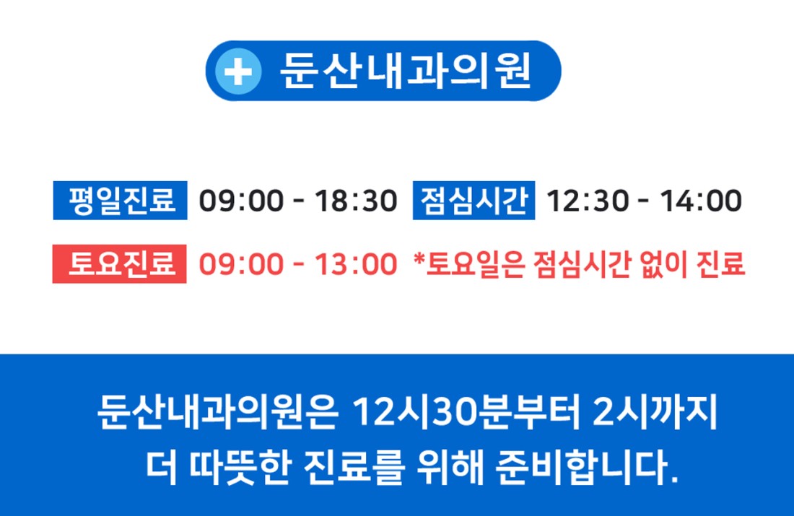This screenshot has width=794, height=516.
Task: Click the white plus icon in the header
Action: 238,71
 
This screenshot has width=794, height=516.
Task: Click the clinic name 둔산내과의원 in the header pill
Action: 405,71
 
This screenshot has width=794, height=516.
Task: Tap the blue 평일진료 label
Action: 120,201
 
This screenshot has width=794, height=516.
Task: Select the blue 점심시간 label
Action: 474,201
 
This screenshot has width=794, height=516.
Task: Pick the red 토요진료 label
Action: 120,264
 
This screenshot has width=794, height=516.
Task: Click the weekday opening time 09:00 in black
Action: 241,201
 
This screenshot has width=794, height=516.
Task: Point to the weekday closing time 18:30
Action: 356,201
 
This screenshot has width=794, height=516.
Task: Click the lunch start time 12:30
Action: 588,201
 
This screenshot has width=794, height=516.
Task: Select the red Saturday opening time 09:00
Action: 241,264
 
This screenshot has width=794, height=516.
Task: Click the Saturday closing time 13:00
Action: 356,264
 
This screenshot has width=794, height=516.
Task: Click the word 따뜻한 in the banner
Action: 240,467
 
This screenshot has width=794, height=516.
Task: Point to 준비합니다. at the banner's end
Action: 586,467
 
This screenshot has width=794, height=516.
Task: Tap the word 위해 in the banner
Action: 450,467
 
